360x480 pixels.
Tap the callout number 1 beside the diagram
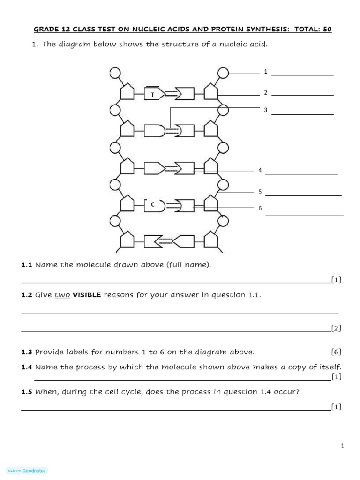[265, 72]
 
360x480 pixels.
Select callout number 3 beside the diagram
[265, 110]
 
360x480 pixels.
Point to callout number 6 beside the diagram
[260, 208]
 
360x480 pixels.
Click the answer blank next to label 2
[302, 95]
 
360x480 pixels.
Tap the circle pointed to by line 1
[223, 73]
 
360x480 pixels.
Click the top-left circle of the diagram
[115, 73]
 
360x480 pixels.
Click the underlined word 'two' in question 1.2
[62, 295]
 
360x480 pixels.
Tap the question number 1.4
[26, 367]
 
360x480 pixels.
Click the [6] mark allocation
[336, 352]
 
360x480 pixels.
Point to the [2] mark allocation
[336, 328]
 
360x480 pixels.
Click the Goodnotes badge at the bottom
[28, 471]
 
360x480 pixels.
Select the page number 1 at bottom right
[343, 446]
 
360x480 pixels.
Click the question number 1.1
[26, 265]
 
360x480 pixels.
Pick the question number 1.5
[26, 392]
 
